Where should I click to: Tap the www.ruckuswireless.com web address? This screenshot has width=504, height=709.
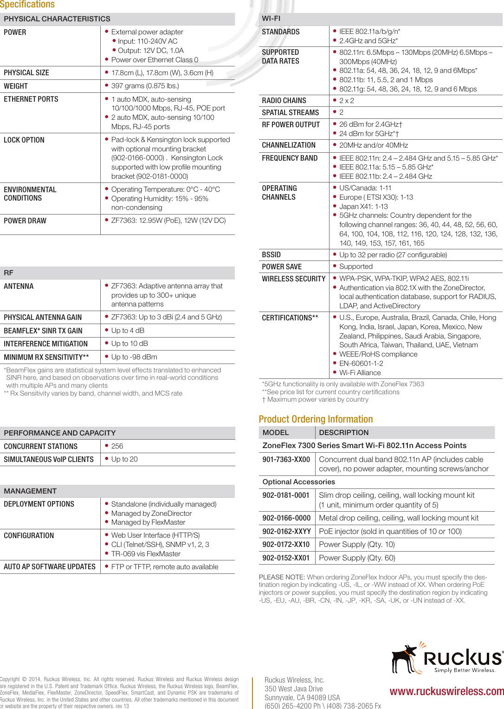(x=446, y=691)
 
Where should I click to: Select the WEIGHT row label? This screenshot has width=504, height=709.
(x=16, y=86)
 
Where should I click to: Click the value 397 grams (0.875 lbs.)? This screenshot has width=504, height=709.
(x=145, y=86)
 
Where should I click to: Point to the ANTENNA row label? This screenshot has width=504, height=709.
(x=19, y=286)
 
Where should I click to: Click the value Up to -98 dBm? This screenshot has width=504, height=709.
(x=134, y=357)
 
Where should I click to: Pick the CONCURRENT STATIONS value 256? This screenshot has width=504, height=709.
(x=117, y=446)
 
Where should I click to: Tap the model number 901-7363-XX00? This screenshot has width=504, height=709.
(x=286, y=460)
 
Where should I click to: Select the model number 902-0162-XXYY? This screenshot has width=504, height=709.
(x=286, y=532)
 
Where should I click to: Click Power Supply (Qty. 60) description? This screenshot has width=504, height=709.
(x=357, y=558)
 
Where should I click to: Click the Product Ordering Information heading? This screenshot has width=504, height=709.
(x=316, y=419)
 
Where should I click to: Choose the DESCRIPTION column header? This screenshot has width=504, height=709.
(x=343, y=433)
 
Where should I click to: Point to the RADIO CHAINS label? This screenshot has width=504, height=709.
(x=284, y=101)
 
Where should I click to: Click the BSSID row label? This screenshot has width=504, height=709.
(x=271, y=255)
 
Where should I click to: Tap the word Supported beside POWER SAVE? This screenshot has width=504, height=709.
(x=355, y=267)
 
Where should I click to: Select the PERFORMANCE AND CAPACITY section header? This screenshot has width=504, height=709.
(x=60, y=433)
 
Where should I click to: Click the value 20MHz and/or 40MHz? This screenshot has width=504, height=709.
(x=373, y=145)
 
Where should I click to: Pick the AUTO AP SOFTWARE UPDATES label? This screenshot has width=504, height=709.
(x=50, y=567)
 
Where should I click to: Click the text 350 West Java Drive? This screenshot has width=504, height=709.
(x=293, y=689)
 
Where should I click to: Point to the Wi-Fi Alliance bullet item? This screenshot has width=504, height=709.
(x=360, y=373)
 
